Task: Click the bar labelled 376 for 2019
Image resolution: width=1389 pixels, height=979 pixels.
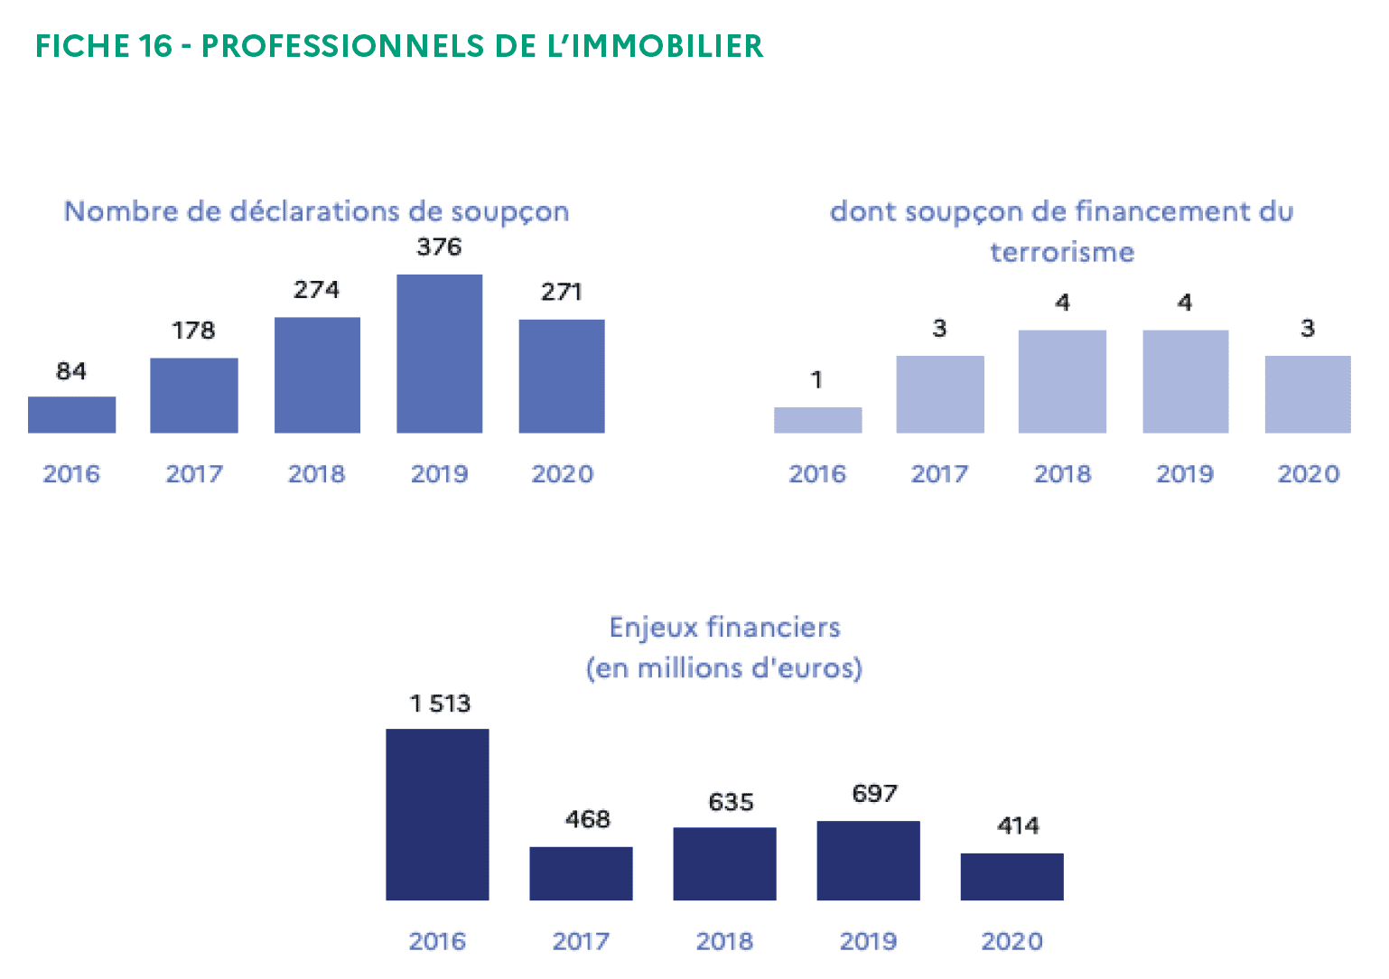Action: click(x=439, y=353)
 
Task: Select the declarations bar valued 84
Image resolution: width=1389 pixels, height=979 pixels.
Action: click(x=71, y=415)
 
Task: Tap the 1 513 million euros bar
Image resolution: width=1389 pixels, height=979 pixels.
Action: click(x=437, y=814)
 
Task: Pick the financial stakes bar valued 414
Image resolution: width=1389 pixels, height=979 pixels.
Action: click(x=1011, y=876)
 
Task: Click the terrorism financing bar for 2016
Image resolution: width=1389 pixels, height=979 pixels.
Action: click(x=817, y=420)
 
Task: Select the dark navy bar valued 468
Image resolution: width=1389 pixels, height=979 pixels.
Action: click(x=581, y=873)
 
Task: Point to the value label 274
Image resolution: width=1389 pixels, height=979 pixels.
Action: click(x=316, y=290)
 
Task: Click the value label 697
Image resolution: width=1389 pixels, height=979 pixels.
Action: click(x=874, y=794)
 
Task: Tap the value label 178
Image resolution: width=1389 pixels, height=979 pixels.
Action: click(x=193, y=331)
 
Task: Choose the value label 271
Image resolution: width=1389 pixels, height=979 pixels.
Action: click(x=561, y=292)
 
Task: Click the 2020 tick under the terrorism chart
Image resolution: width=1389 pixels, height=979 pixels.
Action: click(x=1308, y=474)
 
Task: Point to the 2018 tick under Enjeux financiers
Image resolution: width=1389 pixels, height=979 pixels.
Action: click(x=724, y=941)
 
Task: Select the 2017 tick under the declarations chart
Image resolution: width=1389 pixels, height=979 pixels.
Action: click(x=193, y=474)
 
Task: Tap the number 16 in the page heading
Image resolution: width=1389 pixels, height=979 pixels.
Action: click(x=155, y=46)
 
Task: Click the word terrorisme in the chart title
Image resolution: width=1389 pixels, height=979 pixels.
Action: click(x=1061, y=252)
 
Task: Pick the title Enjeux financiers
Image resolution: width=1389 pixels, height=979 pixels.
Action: click(x=724, y=628)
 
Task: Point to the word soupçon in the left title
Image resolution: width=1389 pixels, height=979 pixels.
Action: click(x=509, y=212)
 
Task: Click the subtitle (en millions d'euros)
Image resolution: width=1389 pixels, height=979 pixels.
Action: click(x=724, y=668)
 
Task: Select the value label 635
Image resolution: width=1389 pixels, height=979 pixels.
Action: click(x=731, y=802)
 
